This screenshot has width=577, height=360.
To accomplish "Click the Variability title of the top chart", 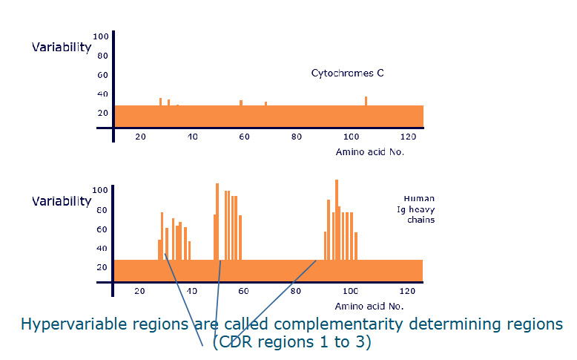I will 62,47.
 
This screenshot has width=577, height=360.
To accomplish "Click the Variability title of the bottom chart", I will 62,201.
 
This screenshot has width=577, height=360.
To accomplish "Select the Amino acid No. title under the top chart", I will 369,151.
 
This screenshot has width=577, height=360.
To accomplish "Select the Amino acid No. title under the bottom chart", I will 369,305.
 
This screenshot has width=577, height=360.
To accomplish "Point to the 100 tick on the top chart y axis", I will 101,36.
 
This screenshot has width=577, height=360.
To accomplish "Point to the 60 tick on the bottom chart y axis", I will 101,229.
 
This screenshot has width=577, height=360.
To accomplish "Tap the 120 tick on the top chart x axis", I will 407,137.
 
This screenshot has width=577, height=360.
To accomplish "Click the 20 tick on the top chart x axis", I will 140,137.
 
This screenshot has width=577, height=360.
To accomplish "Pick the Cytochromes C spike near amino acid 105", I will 366,101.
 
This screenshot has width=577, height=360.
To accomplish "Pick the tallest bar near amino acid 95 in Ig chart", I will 337,219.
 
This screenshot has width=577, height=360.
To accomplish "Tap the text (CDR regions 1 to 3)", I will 291,343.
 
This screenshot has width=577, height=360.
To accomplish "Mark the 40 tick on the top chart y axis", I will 101,94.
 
